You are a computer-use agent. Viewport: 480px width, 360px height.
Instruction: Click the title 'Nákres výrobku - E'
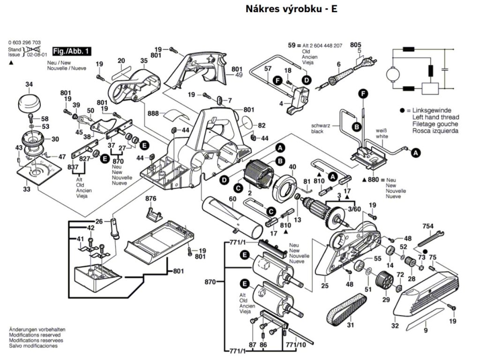(x=291, y=9)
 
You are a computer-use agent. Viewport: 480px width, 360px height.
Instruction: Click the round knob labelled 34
(x=29, y=101)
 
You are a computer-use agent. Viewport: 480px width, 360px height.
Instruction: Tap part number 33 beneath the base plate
(x=27, y=189)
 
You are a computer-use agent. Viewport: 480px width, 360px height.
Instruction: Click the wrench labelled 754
(x=428, y=237)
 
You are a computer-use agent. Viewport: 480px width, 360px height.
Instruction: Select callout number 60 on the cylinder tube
(x=232, y=199)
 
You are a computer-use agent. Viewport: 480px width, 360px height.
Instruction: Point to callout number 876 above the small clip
(x=150, y=199)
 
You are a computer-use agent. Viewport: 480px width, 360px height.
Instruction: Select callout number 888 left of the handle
(x=153, y=113)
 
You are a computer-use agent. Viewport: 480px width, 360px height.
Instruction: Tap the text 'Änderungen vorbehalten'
(x=37, y=330)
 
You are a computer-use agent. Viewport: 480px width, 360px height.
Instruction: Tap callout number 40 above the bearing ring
(x=292, y=167)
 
